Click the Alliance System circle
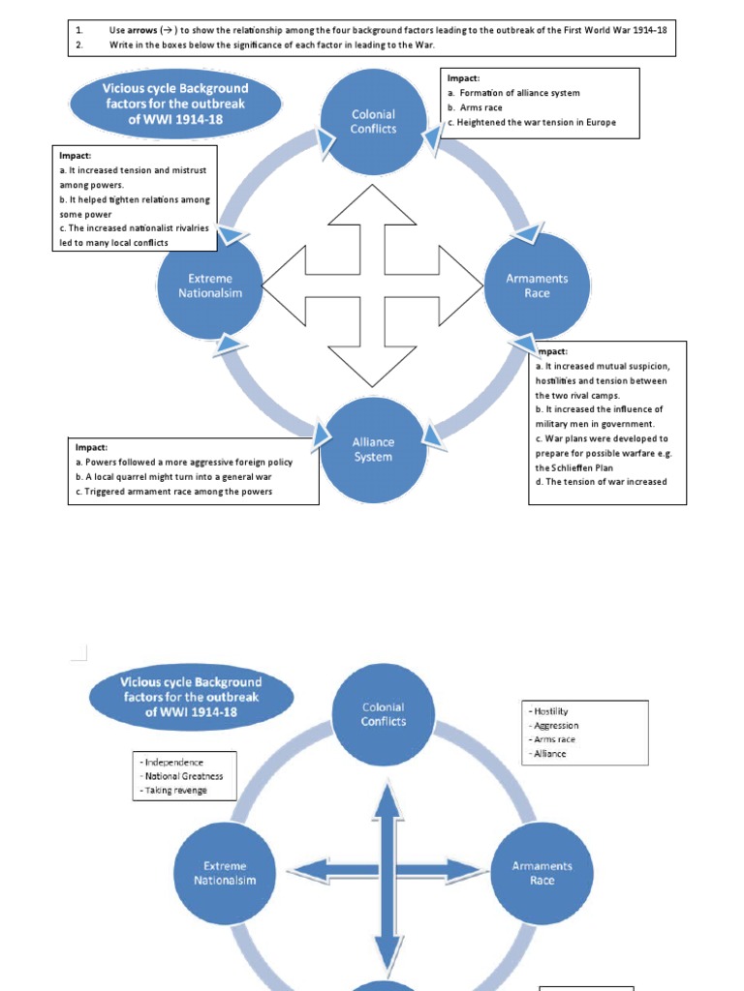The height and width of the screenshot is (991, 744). [x=373, y=450]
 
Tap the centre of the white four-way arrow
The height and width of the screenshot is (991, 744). [x=373, y=285]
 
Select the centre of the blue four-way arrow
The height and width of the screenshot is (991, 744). [x=387, y=871]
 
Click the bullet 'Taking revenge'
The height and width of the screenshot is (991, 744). [x=174, y=791]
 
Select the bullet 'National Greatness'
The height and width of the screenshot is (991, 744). [x=182, y=776]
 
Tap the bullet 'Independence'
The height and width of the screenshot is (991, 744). [x=171, y=762]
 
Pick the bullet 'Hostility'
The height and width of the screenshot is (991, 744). [x=549, y=711]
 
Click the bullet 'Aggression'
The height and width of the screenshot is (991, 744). [x=554, y=725]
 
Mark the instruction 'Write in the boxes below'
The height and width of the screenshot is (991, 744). [x=272, y=45]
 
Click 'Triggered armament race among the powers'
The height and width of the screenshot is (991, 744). [x=173, y=492]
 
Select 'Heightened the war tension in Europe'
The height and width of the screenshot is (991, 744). [x=531, y=123]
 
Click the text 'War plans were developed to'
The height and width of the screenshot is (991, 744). [x=601, y=438]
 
